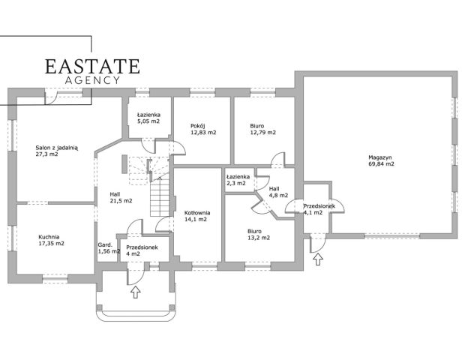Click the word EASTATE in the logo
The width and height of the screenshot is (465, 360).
(x=92, y=66)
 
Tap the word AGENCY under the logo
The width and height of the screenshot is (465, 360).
(x=92, y=80)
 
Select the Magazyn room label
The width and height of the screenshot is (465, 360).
(x=381, y=156)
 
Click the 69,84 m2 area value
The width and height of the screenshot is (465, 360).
(x=381, y=163)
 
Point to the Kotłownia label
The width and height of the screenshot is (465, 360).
(x=197, y=213)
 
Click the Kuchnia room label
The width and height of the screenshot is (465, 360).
(x=50, y=236)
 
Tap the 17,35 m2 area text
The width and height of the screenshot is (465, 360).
(x=50, y=244)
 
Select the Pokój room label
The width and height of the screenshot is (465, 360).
(x=198, y=125)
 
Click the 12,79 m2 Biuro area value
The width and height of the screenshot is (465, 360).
(x=262, y=133)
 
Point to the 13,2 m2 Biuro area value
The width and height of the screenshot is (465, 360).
(x=259, y=238)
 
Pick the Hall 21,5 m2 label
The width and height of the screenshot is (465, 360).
(x=121, y=197)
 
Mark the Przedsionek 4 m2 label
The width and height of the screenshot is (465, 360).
(x=141, y=250)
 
